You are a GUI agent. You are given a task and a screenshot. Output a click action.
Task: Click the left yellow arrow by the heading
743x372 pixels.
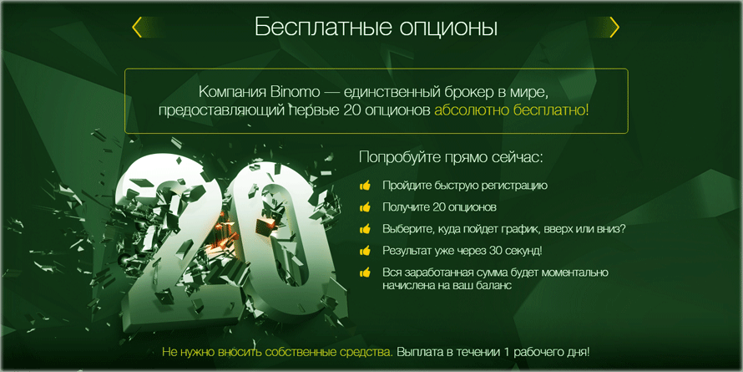137,28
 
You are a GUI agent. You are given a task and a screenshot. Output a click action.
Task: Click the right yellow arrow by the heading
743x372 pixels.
614,28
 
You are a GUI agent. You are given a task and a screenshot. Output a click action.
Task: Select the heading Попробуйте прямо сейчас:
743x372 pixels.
451,157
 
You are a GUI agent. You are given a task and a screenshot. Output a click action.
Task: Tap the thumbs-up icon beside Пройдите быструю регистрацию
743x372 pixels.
365,186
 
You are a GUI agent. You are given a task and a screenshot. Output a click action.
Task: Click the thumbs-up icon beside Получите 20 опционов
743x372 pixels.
365,206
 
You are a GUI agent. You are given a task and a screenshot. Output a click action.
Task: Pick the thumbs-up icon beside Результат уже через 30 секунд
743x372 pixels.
365,250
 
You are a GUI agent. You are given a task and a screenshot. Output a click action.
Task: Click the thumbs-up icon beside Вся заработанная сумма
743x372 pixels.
365,273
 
